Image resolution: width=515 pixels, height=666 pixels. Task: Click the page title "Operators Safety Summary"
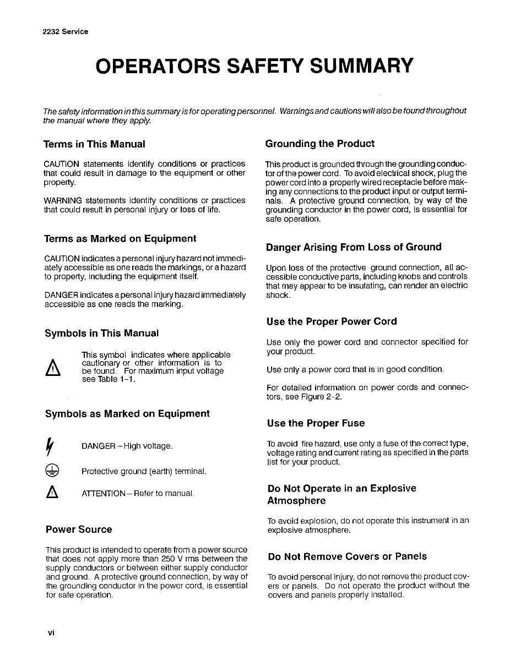(254, 65)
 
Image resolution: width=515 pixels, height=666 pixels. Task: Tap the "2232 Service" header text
(65, 31)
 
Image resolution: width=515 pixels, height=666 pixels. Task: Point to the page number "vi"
(51, 632)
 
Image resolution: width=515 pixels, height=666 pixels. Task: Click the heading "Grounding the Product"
(319, 144)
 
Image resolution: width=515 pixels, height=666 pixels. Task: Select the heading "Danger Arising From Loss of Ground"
(354, 247)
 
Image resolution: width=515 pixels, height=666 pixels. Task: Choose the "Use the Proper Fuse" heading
(316, 423)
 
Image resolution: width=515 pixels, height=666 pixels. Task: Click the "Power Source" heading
(79, 529)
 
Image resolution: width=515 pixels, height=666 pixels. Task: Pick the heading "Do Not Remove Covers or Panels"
(347, 556)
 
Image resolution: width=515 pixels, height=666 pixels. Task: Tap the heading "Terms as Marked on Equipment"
(120, 239)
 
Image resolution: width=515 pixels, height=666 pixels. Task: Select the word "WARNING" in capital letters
(63, 200)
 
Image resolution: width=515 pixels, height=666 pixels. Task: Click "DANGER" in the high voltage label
(98, 446)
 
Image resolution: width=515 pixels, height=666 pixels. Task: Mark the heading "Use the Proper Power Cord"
(332, 321)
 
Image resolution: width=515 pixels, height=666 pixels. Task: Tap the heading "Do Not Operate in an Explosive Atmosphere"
(341, 494)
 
